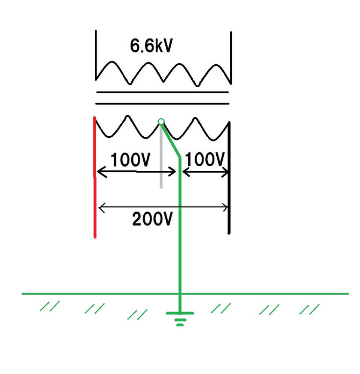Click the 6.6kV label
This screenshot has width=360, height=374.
tap(151, 46)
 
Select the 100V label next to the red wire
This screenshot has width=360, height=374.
tap(131, 160)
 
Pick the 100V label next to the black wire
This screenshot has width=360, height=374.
tap(205, 160)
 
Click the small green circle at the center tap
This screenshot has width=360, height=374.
tap(161, 121)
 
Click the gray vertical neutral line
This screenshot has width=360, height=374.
tap(161, 165)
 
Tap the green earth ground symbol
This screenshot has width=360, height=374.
tap(180, 317)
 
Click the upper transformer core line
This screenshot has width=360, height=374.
tap(163, 92)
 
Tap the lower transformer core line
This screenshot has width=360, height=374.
tap(163, 103)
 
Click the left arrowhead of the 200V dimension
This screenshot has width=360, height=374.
tap(100, 207)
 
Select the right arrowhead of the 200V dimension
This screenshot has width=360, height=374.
tap(225, 207)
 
